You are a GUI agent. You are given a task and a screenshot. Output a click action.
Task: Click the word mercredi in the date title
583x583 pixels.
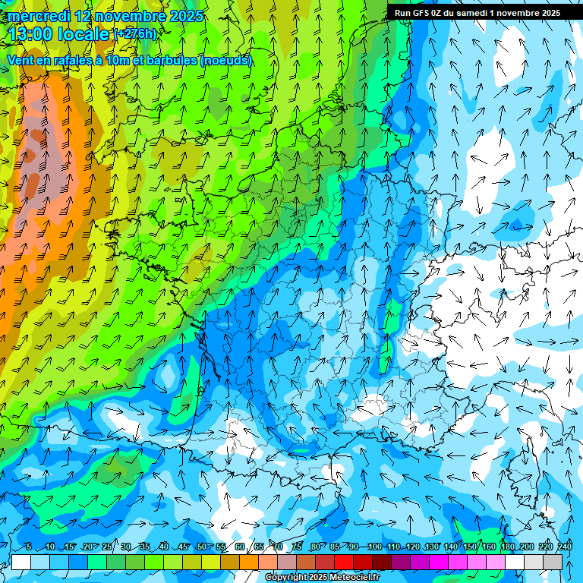(38, 16)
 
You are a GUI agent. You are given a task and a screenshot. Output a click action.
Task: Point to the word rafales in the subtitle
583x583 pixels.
(81, 61)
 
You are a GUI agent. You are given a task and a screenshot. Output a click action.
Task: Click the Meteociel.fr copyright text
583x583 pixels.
(323, 578)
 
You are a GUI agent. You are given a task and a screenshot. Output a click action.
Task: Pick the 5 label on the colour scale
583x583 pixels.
(29, 547)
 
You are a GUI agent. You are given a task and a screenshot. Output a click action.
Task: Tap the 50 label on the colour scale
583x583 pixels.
(201, 547)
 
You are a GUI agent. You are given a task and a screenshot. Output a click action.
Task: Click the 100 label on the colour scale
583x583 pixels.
(374, 547)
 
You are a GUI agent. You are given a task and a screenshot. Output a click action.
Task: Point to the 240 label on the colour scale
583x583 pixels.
(565, 547)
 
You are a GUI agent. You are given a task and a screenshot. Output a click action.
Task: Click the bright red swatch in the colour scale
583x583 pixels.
(344, 562)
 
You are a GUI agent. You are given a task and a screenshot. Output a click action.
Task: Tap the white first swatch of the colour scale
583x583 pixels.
(21, 562)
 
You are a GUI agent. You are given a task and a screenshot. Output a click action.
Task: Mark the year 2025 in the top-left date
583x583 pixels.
(185, 16)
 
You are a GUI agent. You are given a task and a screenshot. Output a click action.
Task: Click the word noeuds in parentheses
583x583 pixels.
(225, 61)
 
